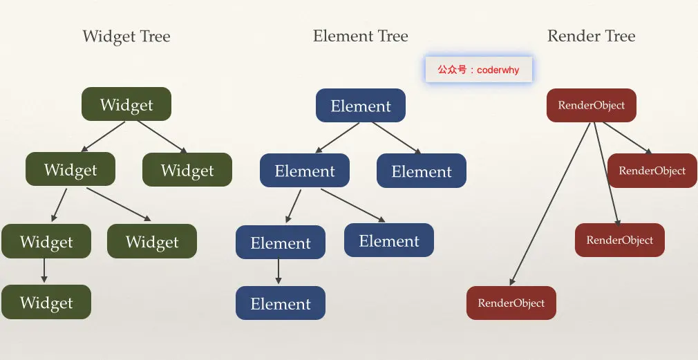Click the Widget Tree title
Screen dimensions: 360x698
(x=126, y=37)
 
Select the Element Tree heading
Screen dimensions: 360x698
(x=360, y=36)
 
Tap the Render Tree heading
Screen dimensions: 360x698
(x=591, y=36)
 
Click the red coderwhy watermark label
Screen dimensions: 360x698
(x=478, y=70)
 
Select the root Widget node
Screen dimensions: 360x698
(x=126, y=104)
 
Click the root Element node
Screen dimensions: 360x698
(x=361, y=106)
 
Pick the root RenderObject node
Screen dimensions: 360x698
(x=591, y=106)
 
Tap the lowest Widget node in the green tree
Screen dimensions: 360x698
(x=46, y=302)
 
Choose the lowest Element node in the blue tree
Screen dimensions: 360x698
(x=280, y=303)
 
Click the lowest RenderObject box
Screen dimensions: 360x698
(x=511, y=303)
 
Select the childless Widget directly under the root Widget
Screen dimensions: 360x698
(x=187, y=170)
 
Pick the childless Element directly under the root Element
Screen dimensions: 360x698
(x=422, y=171)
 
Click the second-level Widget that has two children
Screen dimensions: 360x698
(x=70, y=169)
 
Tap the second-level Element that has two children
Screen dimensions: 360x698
(x=304, y=171)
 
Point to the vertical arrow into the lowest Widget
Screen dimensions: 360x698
(x=44, y=270)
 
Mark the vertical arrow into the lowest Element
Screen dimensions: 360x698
(x=279, y=272)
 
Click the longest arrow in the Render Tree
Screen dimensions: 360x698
(x=551, y=204)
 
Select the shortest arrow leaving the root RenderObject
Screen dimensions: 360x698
(x=627, y=138)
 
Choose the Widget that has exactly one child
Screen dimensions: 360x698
(x=46, y=241)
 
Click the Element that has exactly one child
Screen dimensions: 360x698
(x=280, y=243)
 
